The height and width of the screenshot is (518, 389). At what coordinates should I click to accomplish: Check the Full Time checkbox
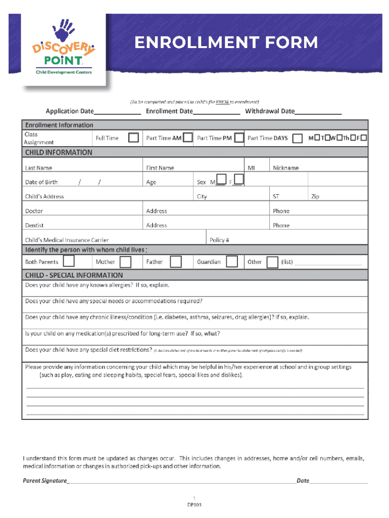click(x=133, y=138)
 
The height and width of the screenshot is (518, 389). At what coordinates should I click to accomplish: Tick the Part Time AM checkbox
click(x=187, y=137)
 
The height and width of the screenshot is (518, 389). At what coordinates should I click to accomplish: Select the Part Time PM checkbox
click(x=239, y=137)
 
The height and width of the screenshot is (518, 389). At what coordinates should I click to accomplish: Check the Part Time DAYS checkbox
click(x=298, y=138)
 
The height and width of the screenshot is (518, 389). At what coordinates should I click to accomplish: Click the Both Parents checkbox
click(x=69, y=262)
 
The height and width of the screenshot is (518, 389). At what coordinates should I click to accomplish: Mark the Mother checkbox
click(x=125, y=262)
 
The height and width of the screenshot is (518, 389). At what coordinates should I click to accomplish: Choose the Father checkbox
click(x=175, y=262)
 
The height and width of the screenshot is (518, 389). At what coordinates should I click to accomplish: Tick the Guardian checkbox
click(x=232, y=262)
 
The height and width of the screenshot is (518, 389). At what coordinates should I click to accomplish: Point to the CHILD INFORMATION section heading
click(x=59, y=152)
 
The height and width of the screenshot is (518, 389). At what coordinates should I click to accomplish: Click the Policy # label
click(x=219, y=240)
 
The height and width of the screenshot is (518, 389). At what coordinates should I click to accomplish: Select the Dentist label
click(x=34, y=226)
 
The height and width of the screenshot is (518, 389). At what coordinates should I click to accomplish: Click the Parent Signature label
click(x=45, y=481)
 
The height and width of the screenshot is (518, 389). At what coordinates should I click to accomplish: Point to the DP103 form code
click(x=194, y=504)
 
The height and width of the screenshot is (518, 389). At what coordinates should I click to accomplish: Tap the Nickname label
click(x=286, y=168)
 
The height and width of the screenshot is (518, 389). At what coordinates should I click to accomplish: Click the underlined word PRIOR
click(x=222, y=102)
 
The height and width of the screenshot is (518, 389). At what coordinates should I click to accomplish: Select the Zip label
click(x=315, y=197)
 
